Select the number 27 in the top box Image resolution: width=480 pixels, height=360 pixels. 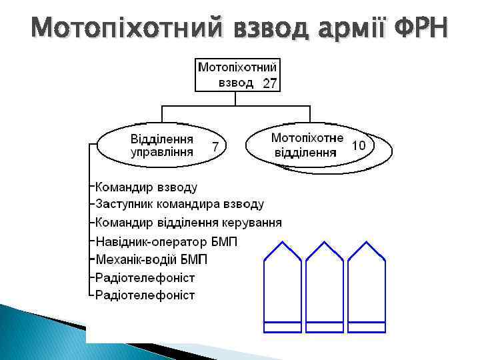[x=269, y=83]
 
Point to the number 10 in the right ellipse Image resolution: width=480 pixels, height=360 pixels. [x=358, y=145]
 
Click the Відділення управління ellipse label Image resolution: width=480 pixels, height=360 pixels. [x=162, y=145]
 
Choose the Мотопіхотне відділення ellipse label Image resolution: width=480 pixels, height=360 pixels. [x=307, y=145]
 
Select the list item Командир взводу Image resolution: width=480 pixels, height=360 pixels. [x=146, y=187]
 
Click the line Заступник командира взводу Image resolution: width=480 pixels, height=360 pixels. [x=179, y=204]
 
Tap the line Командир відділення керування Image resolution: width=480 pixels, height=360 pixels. [x=188, y=222]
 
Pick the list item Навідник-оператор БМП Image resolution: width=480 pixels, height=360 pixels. [x=166, y=241]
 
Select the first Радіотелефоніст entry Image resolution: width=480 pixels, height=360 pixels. [x=145, y=277]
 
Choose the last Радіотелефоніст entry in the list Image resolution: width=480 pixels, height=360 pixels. [x=145, y=295]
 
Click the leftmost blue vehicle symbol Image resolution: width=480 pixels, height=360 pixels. [x=284, y=287]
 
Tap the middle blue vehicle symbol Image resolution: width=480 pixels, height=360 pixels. [x=325, y=287]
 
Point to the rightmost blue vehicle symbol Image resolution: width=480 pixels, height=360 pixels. [x=366, y=287]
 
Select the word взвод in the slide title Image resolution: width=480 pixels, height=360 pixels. [x=263, y=27]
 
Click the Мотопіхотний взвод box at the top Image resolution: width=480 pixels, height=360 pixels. [x=237, y=74]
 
